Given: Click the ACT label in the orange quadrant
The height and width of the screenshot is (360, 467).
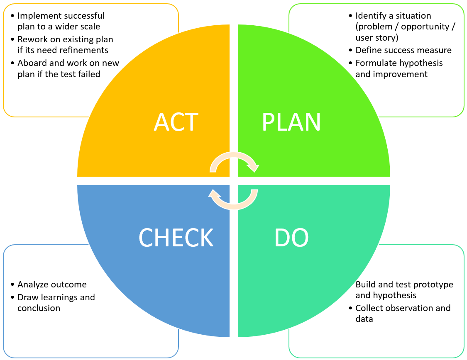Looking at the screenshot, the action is point(176,122).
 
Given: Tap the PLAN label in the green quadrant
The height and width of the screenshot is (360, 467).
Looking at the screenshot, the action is point(291,122).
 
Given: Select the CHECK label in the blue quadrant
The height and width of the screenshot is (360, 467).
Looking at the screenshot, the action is point(176,238).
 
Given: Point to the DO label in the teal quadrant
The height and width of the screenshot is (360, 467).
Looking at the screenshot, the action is point(291,238).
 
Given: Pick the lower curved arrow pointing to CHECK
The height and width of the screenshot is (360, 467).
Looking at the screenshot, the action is point(234,199).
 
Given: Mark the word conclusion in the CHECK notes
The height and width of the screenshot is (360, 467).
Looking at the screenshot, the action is point(39,308).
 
